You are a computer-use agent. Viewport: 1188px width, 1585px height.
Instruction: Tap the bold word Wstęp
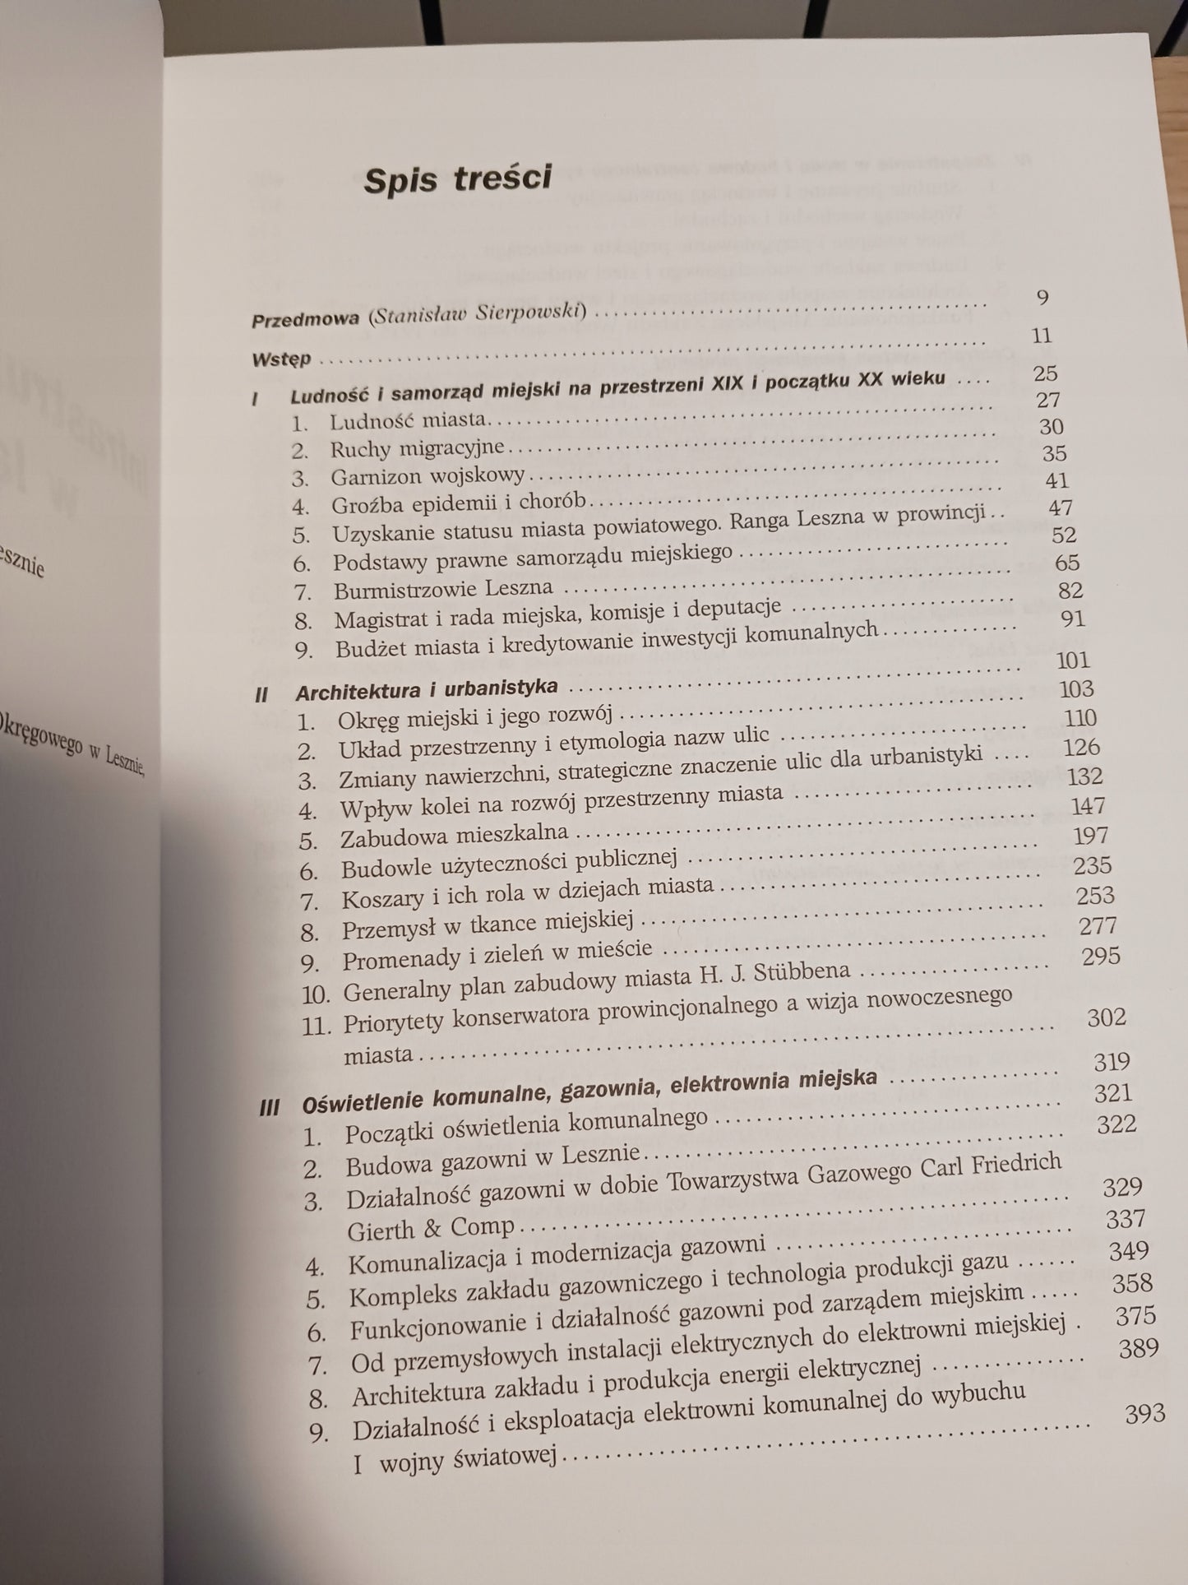click(x=281, y=359)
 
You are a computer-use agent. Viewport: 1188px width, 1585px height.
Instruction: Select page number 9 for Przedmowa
click(x=1042, y=298)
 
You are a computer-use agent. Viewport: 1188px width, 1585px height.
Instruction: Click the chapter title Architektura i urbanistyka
click(x=427, y=689)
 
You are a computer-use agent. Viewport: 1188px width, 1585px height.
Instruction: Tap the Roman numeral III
click(x=270, y=1108)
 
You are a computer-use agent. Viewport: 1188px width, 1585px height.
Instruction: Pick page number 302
click(x=1105, y=1017)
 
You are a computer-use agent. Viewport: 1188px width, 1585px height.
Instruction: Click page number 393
click(x=1144, y=1414)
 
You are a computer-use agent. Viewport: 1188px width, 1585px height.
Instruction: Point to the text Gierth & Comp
click(x=431, y=1230)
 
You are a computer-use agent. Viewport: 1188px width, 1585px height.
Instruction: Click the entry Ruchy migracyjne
click(x=417, y=449)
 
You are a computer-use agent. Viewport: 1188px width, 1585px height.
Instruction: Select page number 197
click(x=1091, y=836)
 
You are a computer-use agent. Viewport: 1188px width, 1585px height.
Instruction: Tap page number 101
click(x=1071, y=660)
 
